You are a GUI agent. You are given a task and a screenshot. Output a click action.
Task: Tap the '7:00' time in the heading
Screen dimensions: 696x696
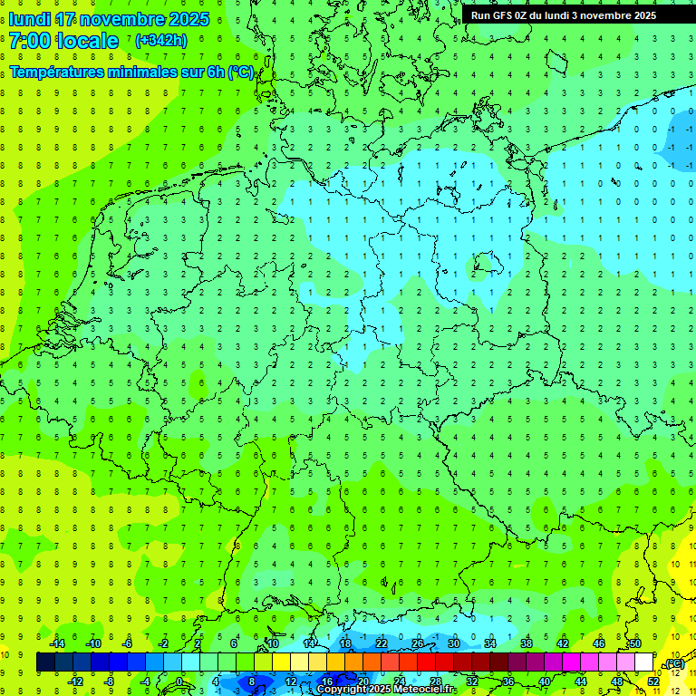29,41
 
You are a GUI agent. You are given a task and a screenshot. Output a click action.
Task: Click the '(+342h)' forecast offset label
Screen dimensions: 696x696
161,41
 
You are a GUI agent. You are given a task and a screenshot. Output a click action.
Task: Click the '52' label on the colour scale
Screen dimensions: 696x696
652,681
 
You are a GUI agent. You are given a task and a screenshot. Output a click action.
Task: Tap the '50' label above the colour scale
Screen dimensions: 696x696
634,643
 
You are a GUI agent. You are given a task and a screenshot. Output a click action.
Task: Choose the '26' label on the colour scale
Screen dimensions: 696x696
417,643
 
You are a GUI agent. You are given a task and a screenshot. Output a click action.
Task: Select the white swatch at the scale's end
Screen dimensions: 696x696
643,662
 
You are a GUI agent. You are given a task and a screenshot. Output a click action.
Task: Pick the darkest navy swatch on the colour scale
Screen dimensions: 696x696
45,662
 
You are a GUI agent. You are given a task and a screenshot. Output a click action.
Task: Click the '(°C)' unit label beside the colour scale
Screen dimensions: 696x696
674,664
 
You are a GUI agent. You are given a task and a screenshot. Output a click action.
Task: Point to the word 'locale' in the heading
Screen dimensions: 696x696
85,41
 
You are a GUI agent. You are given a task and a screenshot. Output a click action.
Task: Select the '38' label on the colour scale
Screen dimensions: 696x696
526,643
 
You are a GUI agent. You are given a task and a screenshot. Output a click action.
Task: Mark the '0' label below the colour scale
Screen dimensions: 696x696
179,681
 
